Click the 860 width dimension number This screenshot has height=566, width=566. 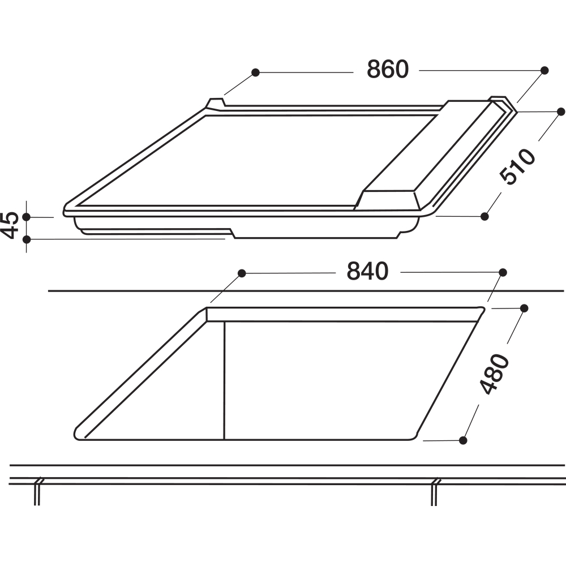[x=388, y=69]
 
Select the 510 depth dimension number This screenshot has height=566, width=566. [x=517, y=166]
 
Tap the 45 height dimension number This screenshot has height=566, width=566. [x=10, y=225]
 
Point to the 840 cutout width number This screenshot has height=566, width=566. [x=367, y=272]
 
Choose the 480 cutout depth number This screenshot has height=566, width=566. [x=494, y=374]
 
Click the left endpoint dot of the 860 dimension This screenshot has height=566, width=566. [x=256, y=72]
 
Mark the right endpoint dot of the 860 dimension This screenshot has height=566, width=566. [x=544, y=70]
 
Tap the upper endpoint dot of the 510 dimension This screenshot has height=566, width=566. [x=560, y=112]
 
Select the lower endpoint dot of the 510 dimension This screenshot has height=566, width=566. [x=485, y=216]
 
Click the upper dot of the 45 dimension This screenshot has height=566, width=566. [x=27, y=217]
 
